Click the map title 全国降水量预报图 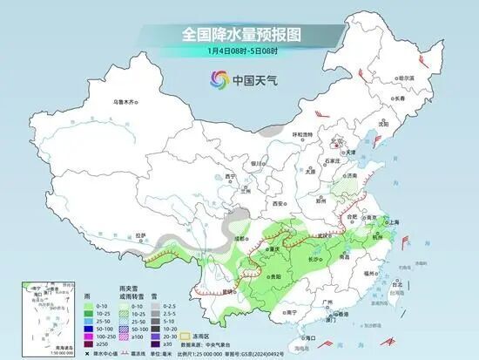pos(240,34)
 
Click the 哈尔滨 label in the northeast pos(404,78)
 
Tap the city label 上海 pos(393,222)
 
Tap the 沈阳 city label pos(383,124)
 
